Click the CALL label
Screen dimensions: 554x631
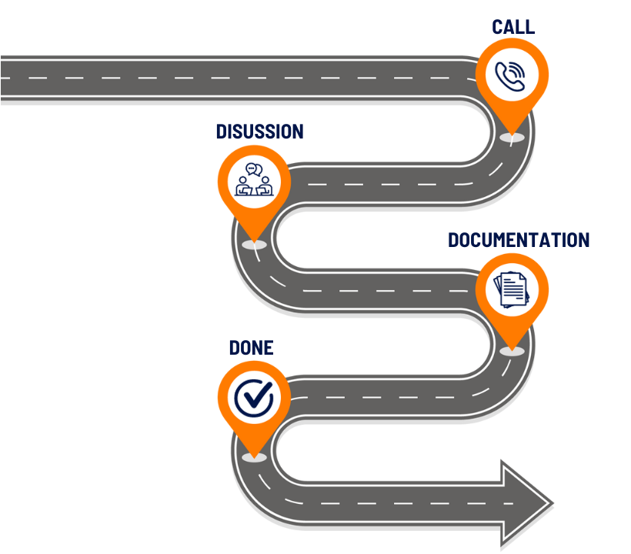tap(513, 27)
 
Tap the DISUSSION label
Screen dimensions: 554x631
tap(259, 132)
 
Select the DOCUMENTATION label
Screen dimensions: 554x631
tap(519, 240)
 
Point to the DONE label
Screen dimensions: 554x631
tap(251, 348)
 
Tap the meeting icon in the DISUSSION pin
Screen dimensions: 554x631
tap(253, 180)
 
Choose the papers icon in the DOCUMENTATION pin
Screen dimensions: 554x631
tap(512, 289)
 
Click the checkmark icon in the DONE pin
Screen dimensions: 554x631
tap(253, 397)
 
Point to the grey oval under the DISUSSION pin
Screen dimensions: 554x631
tap(253, 244)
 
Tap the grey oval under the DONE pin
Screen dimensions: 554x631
tap(253, 457)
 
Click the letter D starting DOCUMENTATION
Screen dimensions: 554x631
tap(454, 240)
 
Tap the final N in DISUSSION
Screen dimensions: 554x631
tap(297, 132)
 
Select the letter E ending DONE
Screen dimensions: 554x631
tap(268, 348)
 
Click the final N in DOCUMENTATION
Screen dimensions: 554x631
tap(583, 240)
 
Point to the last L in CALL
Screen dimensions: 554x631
tap(530, 27)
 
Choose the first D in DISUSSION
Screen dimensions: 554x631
tap(222, 132)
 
